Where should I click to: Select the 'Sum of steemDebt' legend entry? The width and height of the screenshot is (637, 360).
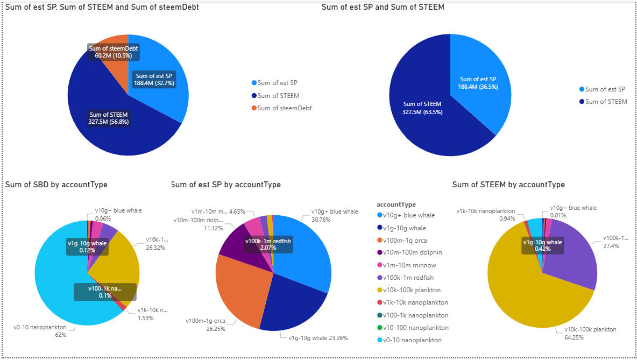tap(285, 108)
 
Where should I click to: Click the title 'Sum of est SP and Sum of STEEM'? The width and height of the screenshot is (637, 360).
tap(383, 8)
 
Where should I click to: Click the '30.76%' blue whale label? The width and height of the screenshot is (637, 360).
tap(322, 220)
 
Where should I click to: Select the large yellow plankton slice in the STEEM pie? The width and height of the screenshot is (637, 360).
tap(527, 301)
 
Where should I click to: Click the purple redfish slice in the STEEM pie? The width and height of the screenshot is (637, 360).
tap(573, 253)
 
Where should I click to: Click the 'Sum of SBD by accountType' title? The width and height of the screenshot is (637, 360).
tap(56, 185)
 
